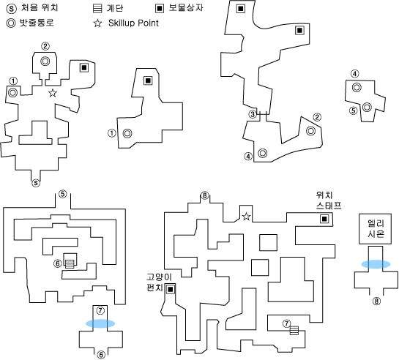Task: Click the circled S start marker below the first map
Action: click(x=36, y=183)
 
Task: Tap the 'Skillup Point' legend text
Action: click(x=133, y=23)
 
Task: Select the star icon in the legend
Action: click(x=97, y=23)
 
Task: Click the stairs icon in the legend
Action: click(x=97, y=8)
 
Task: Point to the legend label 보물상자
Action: click(x=186, y=8)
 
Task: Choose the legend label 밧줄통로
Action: click(x=37, y=23)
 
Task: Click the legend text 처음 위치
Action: click(x=40, y=8)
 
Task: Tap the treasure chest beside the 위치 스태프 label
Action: click(x=324, y=219)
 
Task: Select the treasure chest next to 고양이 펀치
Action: click(x=171, y=289)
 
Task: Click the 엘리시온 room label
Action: click(x=376, y=229)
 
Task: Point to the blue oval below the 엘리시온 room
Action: click(x=376, y=264)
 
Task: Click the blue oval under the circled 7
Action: click(x=100, y=323)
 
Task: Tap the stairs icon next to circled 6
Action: click(x=70, y=263)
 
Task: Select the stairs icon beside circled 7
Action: click(x=294, y=331)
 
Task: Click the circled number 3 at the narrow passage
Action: click(x=253, y=114)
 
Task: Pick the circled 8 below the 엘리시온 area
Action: click(x=376, y=301)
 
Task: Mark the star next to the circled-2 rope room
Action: click(x=53, y=93)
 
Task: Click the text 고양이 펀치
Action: click(x=159, y=282)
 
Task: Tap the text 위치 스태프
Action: click(x=329, y=200)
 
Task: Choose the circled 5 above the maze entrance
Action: click(x=63, y=194)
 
